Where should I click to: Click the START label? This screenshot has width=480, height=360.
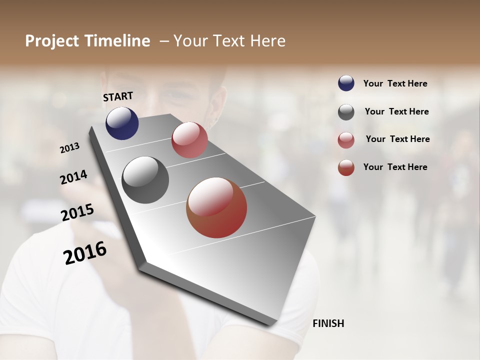(x=118, y=96)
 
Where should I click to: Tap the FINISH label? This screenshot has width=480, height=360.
(x=328, y=323)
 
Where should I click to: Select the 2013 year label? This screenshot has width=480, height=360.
(x=70, y=148)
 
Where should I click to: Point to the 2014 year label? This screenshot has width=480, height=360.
(x=73, y=177)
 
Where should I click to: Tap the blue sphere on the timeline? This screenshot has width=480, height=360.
(x=122, y=123)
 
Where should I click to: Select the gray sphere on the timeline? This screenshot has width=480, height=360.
(x=145, y=180)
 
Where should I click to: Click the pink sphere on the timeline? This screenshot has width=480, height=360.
(x=189, y=140)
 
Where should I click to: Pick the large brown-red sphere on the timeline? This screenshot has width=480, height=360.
(x=216, y=207)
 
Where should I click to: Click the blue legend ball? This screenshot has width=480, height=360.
(x=346, y=83)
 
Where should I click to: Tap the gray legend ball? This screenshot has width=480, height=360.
(x=346, y=112)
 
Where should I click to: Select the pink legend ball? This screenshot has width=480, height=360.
(x=346, y=140)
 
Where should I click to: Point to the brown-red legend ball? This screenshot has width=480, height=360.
(x=346, y=167)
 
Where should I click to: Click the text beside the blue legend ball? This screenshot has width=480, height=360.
(x=395, y=84)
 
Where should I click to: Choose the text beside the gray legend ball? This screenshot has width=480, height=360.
(x=396, y=111)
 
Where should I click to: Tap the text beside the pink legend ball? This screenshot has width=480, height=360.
(x=397, y=139)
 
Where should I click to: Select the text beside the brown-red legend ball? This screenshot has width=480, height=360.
(x=395, y=167)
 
